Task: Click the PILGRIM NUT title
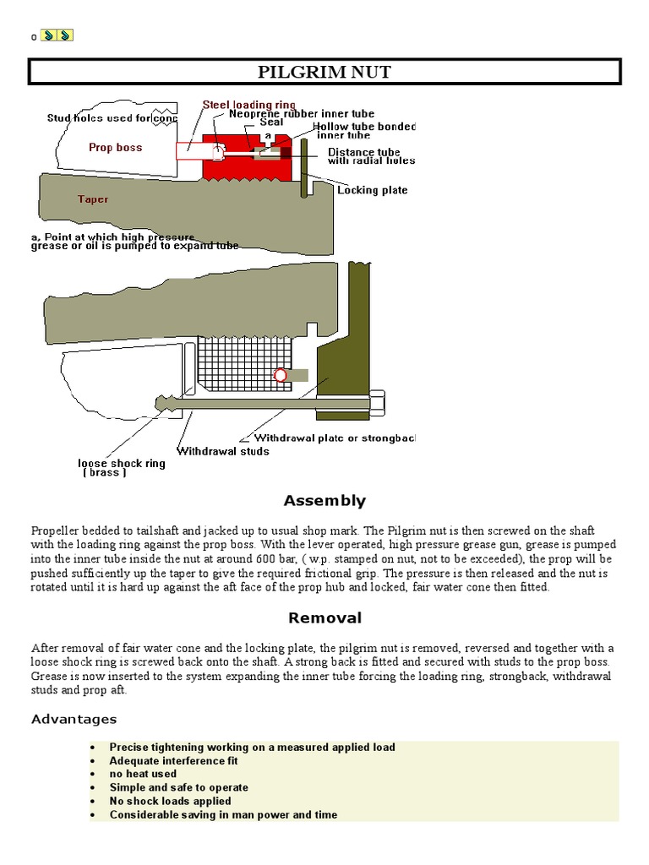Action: click(324, 72)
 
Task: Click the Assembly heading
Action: click(324, 501)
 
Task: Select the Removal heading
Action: click(324, 617)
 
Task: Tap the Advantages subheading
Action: click(74, 719)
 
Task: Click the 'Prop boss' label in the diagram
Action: click(116, 148)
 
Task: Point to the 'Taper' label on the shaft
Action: click(93, 199)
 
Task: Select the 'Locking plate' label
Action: click(372, 190)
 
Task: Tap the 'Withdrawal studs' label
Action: click(223, 451)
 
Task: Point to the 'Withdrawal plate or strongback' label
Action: click(335, 438)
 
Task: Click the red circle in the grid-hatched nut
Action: click(280, 375)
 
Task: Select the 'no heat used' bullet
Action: click(143, 774)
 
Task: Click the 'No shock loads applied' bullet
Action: click(170, 801)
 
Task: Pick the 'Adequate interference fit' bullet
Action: click(173, 760)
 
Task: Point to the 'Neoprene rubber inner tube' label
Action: click(302, 113)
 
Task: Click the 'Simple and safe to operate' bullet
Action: click(178, 787)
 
